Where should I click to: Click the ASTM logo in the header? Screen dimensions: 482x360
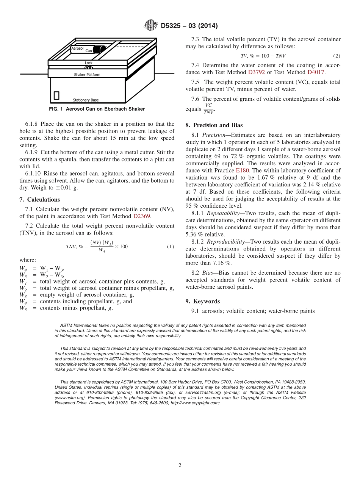pyautogui.click(x=151, y=26)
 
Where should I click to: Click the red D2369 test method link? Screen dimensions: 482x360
pyautogui.click(x=142, y=216)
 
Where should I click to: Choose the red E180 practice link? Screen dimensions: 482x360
pyautogui.click(x=242, y=171)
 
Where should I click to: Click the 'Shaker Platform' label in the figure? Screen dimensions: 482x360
pyautogui.click(x=87, y=75)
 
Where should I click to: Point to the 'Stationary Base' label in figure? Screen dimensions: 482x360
pyautogui.click(x=86, y=100)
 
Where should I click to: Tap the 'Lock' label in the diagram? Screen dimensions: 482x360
pyautogui.click(x=89, y=63)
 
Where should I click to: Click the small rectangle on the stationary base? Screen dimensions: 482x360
pyautogui.click(x=56, y=95)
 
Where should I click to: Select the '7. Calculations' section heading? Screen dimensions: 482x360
pyautogui.click(x=39, y=199)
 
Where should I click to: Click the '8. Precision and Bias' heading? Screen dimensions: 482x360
pyautogui.click(x=214, y=125)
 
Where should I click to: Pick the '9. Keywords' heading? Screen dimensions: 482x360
pyautogui.click(x=202, y=301)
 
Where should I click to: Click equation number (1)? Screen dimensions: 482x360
pyautogui.click(x=171, y=247)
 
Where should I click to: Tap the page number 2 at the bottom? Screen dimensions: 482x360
pyautogui.click(x=180, y=465)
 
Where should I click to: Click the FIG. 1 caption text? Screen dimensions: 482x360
pyautogui.click(x=97, y=109)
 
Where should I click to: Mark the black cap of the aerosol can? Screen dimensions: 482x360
pyautogui.click(x=100, y=49)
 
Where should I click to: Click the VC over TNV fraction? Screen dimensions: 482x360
pyautogui.click(x=208, y=109)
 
